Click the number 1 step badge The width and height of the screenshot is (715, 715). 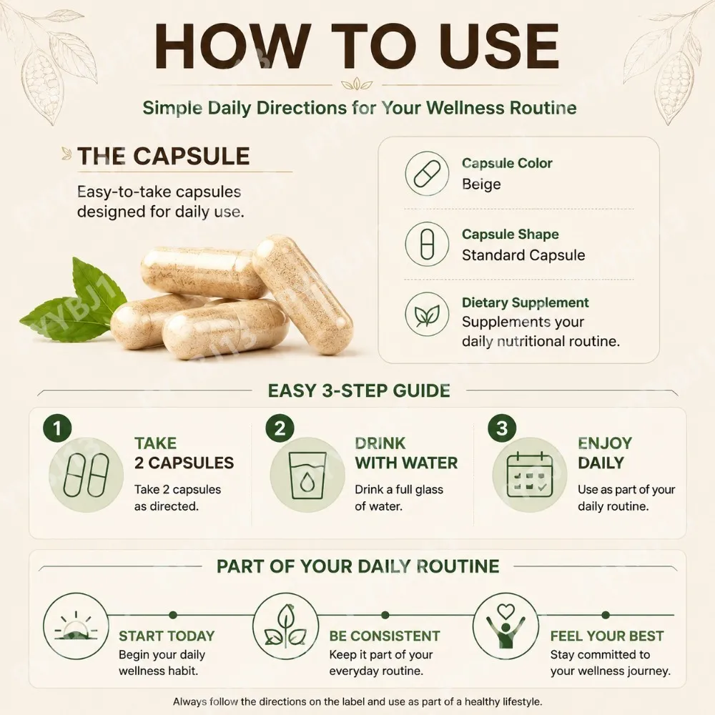(57, 428)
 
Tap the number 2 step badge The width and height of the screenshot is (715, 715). (280, 428)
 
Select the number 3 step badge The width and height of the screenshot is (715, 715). (502, 428)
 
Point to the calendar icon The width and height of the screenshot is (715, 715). (529, 475)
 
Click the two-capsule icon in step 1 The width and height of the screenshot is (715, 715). (87, 475)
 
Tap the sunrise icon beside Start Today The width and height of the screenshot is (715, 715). (77, 626)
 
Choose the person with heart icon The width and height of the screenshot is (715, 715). (506, 626)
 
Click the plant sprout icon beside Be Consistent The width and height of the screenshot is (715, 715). (285, 626)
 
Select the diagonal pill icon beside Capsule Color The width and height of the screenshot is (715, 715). (428, 174)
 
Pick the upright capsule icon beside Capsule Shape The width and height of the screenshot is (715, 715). (428, 244)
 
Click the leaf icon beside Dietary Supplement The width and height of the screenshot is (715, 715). (428, 315)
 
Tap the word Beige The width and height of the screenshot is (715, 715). (481, 184)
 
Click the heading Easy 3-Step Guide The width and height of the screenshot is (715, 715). (359, 391)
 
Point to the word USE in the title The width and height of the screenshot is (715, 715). (495, 47)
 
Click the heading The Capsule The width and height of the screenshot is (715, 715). (164, 156)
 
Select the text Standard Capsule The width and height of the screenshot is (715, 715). (523, 255)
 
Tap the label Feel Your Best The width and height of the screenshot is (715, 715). (607, 636)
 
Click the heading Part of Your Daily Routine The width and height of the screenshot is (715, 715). (358, 566)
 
